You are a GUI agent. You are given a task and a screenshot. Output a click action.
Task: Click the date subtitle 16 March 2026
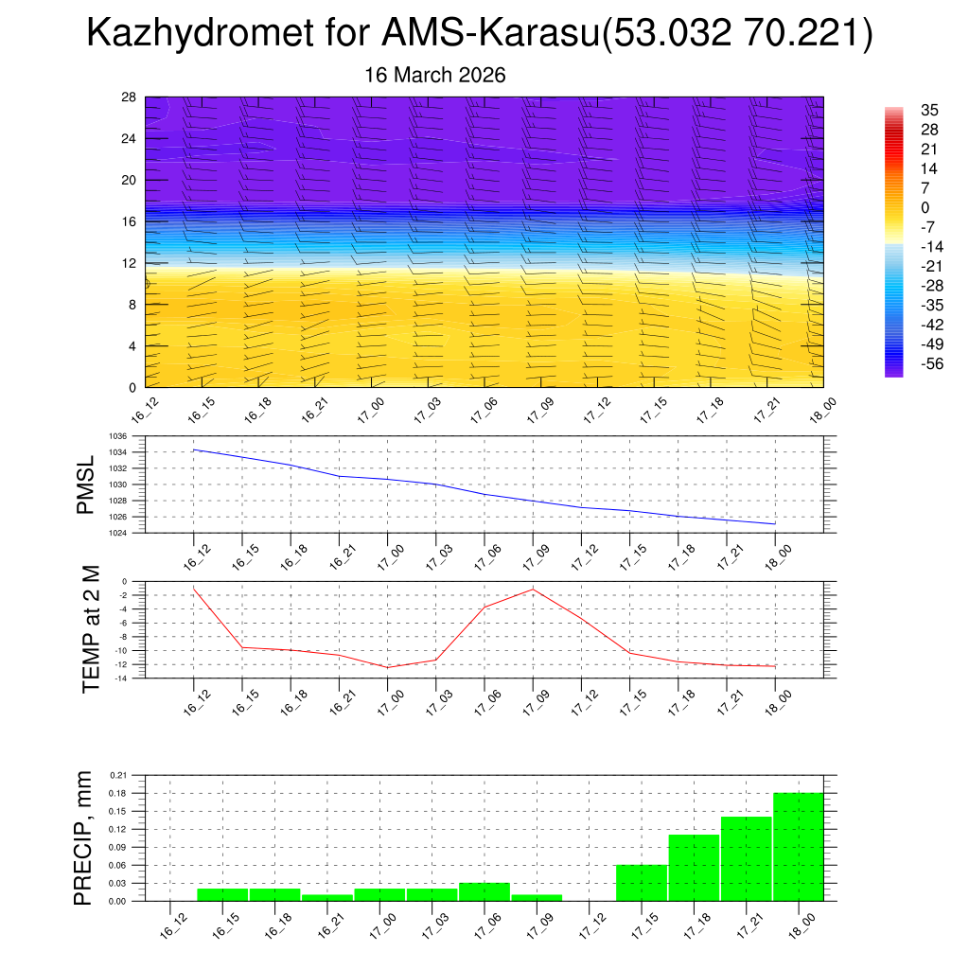click(435, 75)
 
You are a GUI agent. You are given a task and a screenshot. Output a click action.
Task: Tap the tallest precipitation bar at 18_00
click(799, 847)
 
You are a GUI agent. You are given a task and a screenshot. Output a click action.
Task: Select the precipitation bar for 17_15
click(642, 883)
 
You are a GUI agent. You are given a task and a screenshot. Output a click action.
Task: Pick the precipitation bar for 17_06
click(484, 891)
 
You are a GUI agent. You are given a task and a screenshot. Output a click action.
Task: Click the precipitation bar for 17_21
click(747, 858)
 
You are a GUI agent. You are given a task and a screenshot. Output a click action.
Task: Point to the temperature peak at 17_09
click(533, 589)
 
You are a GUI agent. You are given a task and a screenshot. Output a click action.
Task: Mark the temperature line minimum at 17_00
click(388, 667)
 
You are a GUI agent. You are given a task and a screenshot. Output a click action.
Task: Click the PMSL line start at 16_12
click(194, 449)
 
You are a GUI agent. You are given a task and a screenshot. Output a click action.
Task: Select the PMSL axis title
click(86, 484)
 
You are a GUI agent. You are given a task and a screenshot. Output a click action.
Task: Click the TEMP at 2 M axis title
click(91, 629)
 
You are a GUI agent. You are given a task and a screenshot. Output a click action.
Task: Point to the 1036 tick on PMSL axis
click(119, 436)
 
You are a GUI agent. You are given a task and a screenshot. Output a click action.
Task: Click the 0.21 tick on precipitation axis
click(118, 775)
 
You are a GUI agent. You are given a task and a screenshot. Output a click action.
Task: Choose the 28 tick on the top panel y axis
click(129, 97)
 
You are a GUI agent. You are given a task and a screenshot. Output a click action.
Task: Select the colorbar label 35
click(928, 110)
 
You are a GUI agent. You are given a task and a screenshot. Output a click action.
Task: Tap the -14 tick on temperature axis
click(121, 678)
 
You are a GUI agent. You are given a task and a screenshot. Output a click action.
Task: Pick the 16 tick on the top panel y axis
click(129, 221)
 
